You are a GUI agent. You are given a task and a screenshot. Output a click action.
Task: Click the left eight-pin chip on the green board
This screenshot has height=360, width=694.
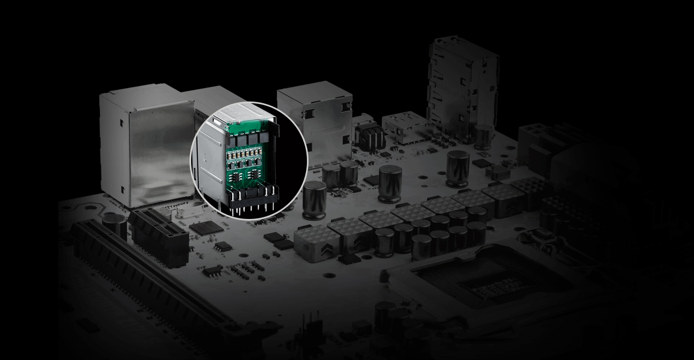[x=236, y=177]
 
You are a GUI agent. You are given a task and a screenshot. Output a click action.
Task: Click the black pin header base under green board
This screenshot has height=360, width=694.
[x=253, y=198]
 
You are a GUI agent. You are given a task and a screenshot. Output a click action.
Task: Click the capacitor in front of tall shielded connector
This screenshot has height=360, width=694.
[x=483, y=137]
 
